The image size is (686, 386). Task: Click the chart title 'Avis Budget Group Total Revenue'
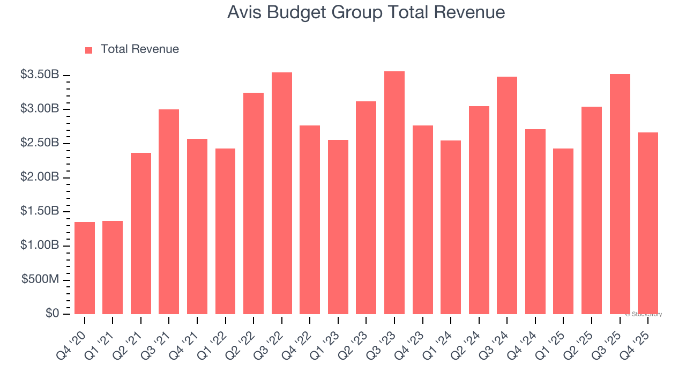tap(366, 13)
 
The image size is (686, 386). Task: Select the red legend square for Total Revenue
tap(89, 50)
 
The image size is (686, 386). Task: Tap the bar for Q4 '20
tap(85, 268)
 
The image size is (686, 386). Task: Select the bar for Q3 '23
tap(394, 193)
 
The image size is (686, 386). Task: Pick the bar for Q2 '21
tap(141, 234)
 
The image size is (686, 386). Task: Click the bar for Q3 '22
tap(282, 193)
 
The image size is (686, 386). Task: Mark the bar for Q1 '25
tap(563, 231)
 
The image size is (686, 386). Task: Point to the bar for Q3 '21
tap(169, 212)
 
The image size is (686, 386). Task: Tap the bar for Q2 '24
tap(479, 210)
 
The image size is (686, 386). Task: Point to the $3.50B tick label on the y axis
tap(40, 75)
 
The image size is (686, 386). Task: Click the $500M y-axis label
tap(40, 280)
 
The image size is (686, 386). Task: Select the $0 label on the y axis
tap(52, 314)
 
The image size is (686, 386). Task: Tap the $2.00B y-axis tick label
tap(40, 177)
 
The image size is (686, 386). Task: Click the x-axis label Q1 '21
tap(106, 337)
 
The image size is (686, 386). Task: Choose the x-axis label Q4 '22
tap(303, 337)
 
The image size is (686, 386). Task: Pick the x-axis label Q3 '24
tap(500, 337)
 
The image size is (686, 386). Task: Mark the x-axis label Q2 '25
tap(585, 337)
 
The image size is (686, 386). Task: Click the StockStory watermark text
tap(644, 314)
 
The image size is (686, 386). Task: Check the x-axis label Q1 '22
tap(218, 337)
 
